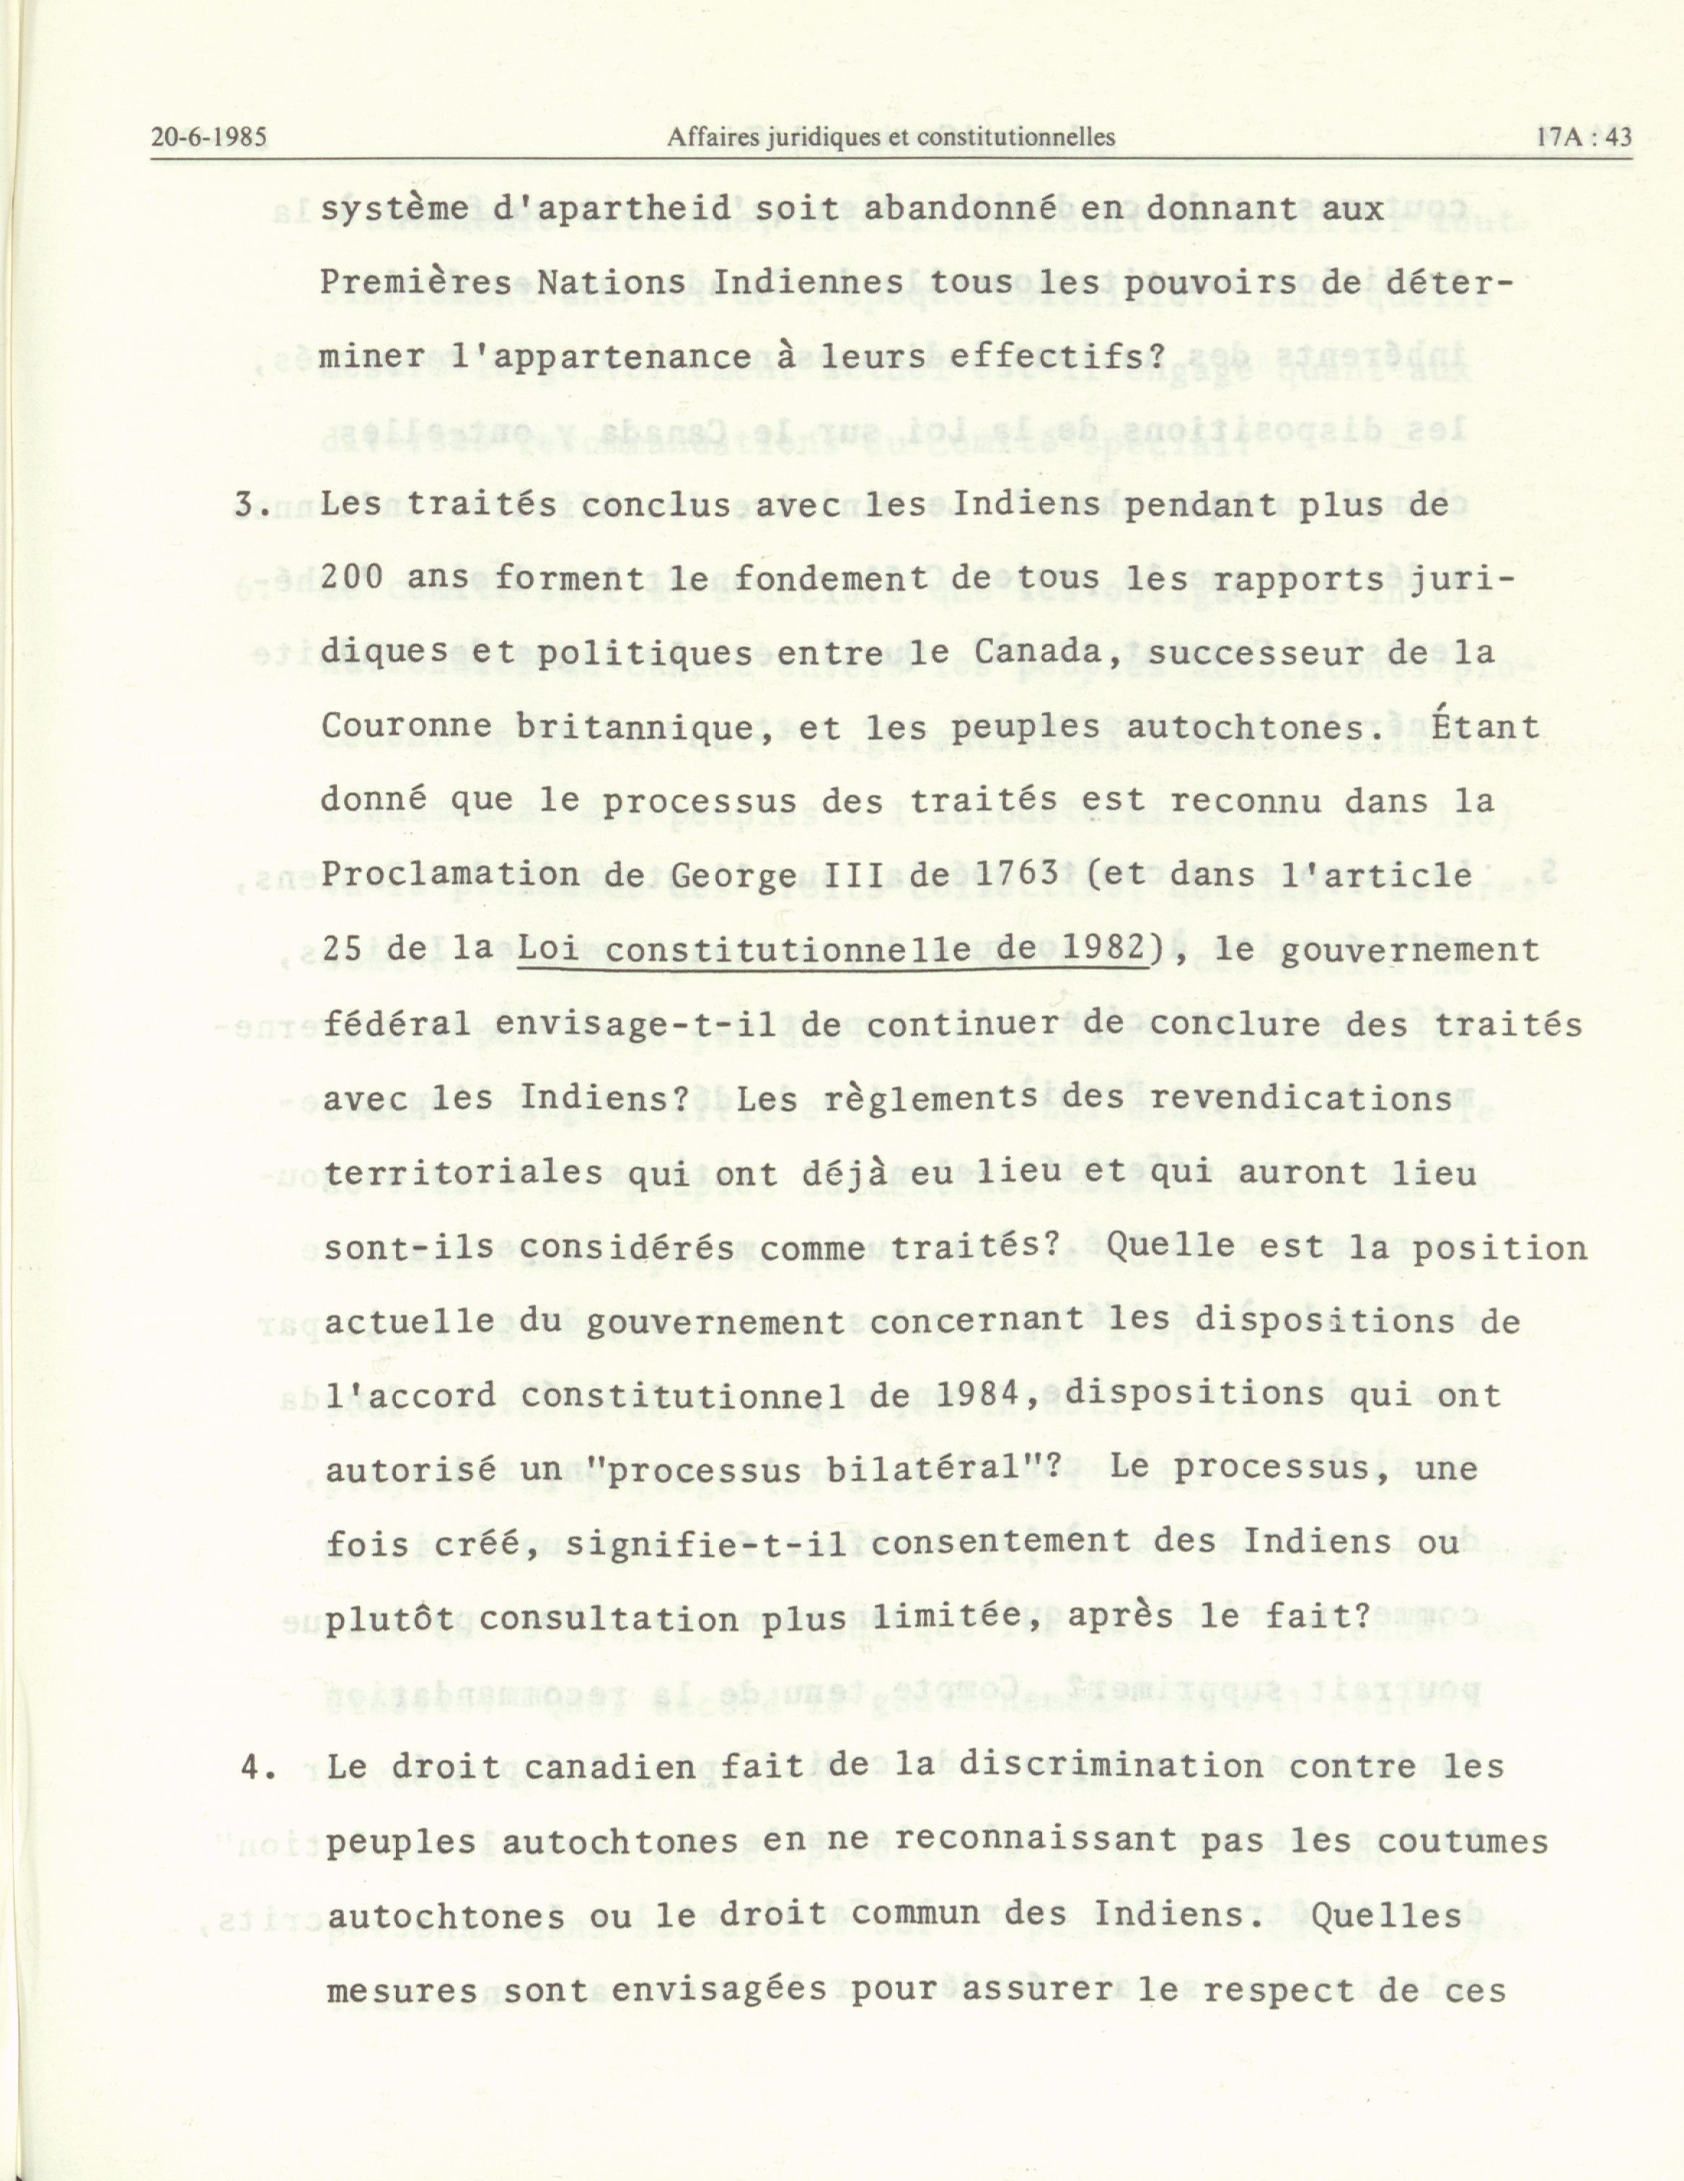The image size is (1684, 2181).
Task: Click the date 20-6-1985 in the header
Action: coord(208,138)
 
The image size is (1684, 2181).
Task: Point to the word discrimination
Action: coord(1111,1765)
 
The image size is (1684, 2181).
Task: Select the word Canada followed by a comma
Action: coord(1051,653)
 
